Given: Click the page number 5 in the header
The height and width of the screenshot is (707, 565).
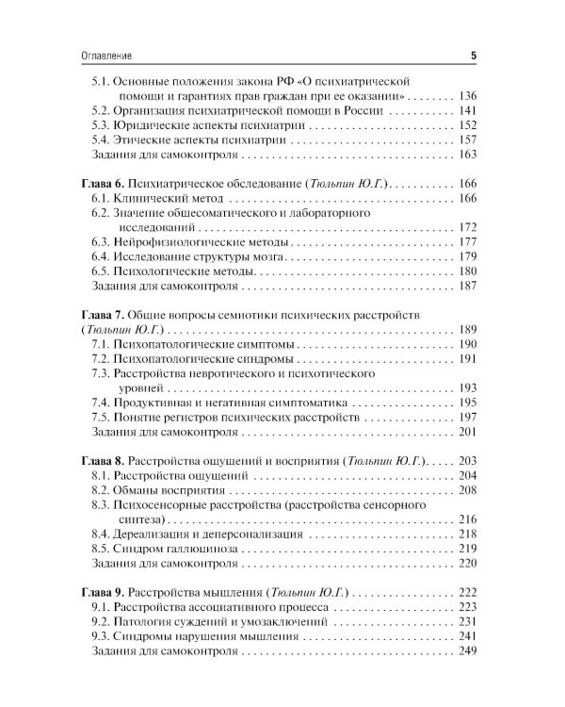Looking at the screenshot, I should [x=473, y=57].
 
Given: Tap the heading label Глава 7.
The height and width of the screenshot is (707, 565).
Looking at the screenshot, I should [x=92, y=313].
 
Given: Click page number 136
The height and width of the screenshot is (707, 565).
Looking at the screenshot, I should [x=467, y=96].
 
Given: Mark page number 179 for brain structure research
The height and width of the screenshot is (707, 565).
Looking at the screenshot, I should [x=467, y=256].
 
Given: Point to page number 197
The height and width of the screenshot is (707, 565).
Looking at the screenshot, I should [x=467, y=417].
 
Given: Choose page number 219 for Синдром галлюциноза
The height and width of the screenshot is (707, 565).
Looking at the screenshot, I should [x=467, y=549].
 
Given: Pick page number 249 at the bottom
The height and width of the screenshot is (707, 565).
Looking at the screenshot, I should [x=467, y=651].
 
